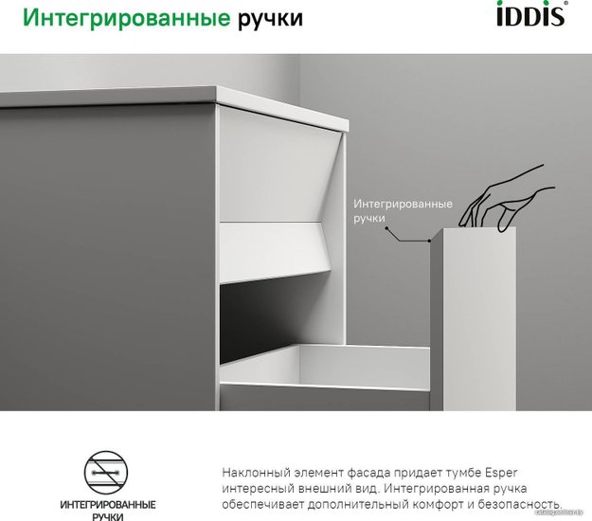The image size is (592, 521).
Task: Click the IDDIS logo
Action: pos(531,13)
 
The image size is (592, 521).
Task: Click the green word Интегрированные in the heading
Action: pos(127,18)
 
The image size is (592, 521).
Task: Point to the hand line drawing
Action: pos(507,199)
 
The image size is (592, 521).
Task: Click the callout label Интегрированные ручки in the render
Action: pos(403,211)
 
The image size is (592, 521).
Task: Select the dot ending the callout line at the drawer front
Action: pos(429,241)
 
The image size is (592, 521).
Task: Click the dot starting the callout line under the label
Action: pos(386,228)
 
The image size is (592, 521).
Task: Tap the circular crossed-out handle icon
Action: pos(106,473)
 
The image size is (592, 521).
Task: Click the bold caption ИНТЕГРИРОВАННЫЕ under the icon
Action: pos(108,505)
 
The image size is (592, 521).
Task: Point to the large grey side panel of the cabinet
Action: pos(108,257)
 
